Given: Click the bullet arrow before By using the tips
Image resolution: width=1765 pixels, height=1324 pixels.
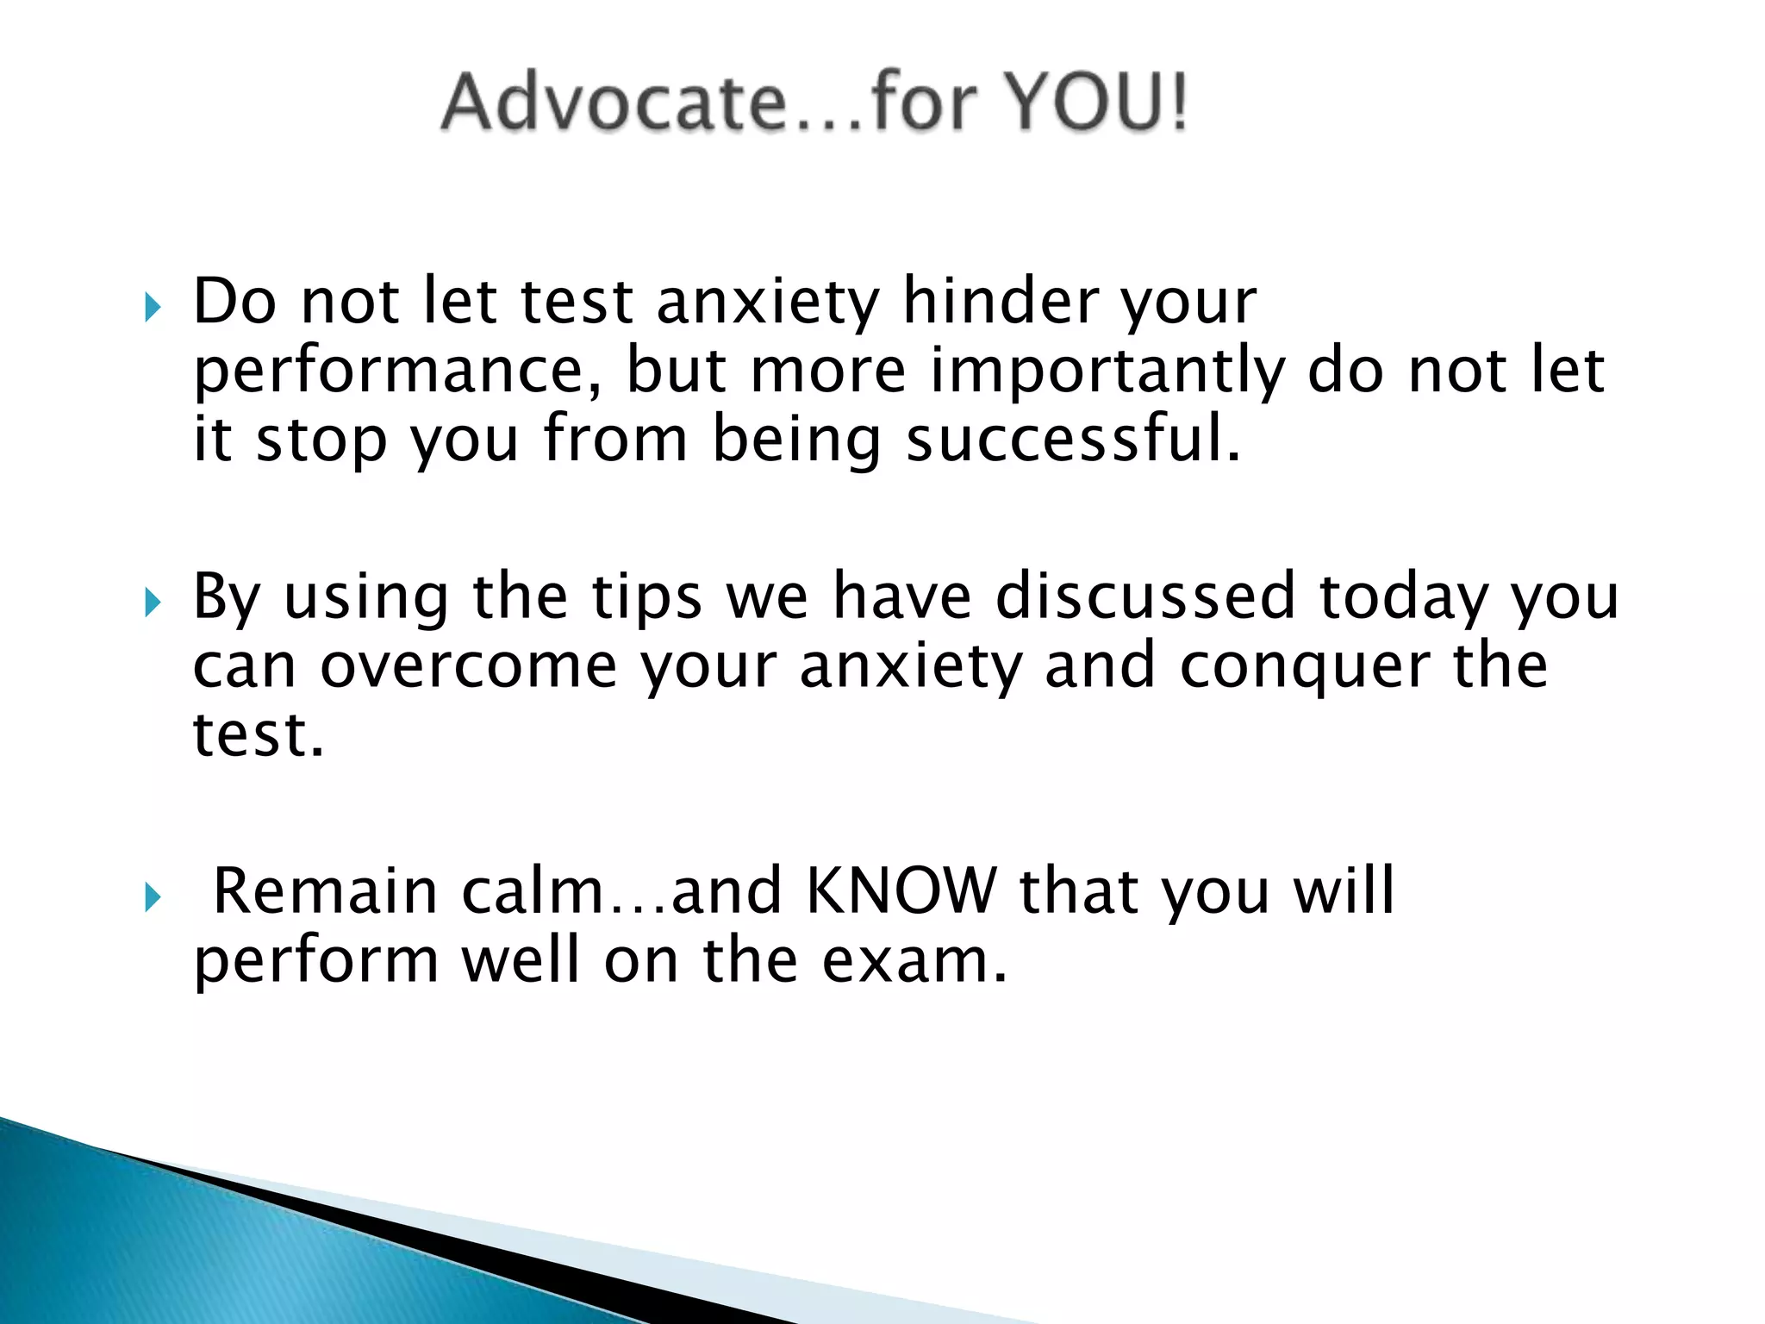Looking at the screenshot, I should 153,603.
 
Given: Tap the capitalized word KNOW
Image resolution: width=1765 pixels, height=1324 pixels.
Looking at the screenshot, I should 900,891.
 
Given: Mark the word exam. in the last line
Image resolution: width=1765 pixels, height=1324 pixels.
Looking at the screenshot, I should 914,960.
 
